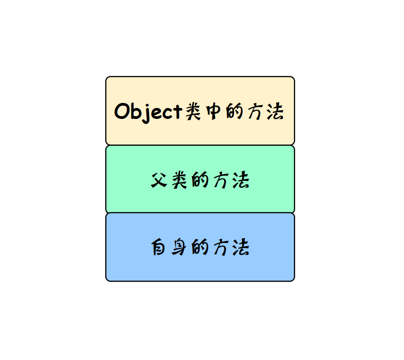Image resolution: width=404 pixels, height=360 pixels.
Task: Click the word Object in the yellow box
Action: (x=148, y=111)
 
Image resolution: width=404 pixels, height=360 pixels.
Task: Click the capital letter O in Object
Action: (x=122, y=111)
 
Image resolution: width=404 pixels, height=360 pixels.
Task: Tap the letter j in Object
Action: (x=151, y=112)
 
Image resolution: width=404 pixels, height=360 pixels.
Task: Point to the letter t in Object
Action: (x=178, y=112)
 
